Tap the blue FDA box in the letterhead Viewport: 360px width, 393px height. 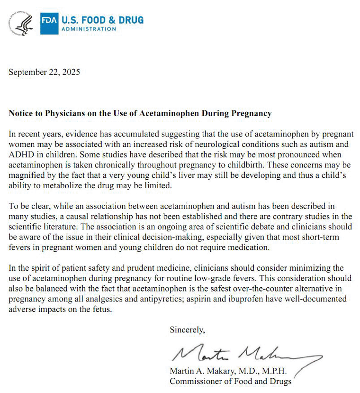(49, 22)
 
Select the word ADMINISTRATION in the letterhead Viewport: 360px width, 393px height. (88, 28)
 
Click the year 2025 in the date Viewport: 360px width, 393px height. (71, 72)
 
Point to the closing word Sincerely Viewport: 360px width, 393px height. (187, 330)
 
